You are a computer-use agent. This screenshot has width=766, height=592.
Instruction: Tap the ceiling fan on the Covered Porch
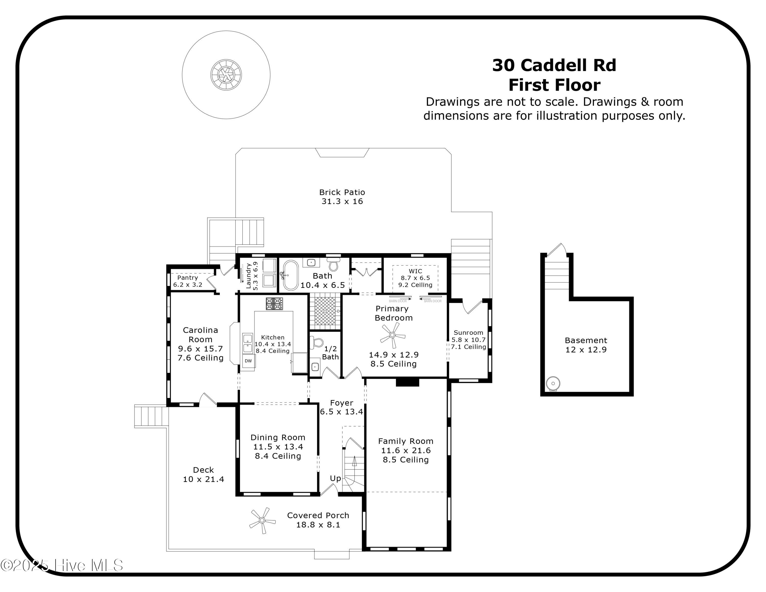coord(262,520)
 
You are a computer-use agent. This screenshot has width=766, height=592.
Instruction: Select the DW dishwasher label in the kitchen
coord(248,361)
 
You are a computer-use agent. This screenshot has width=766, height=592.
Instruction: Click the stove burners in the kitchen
coord(274,303)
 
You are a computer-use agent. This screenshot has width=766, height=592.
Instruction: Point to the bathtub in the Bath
coord(290,275)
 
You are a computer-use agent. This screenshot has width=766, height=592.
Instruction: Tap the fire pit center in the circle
coord(226,74)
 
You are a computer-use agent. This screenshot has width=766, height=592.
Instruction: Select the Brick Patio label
coord(342,192)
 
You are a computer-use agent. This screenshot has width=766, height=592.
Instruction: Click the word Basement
coord(586,340)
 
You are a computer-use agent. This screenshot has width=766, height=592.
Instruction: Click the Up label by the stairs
coord(335,478)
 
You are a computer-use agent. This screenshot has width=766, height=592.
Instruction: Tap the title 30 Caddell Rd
coord(554,65)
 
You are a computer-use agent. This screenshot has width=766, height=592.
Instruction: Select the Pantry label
coord(187,277)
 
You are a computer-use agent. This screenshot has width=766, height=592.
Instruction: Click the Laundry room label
coord(249,276)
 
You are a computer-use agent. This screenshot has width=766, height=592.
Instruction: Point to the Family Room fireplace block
coord(407,382)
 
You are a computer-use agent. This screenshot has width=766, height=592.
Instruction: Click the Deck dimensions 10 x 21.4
coord(204,479)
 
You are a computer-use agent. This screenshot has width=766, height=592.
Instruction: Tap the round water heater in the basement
coord(553,383)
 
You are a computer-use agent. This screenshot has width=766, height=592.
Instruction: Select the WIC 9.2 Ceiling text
coord(415,285)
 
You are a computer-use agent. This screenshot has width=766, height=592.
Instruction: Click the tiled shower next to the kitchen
coord(325,311)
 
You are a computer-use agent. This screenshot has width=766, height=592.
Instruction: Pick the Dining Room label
coord(278,437)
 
